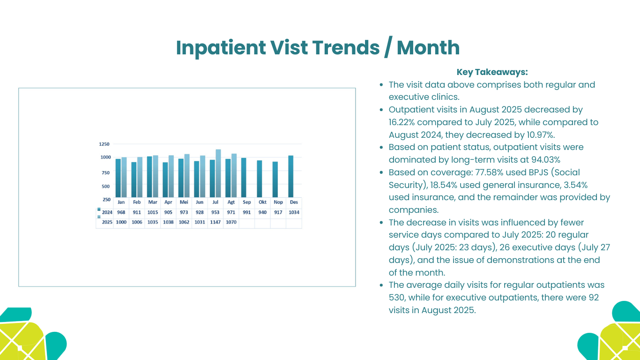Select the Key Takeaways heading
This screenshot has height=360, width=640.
[x=492, y=72]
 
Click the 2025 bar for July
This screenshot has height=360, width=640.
[x=218, y=173]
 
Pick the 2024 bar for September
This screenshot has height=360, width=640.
[x=244, y=178]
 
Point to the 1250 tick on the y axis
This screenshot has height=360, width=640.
[x=104, y=144]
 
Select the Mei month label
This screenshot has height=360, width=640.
[x=184, y=202]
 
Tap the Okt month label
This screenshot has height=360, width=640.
[x=262, y=202]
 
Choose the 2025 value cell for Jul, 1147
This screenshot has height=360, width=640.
[x=215, y=222]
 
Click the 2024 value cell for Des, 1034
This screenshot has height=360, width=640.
[x=294, y=212]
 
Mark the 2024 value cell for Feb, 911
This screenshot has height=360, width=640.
[x=136, y=212]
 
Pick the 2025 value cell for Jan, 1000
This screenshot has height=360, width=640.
[x=121, y=222]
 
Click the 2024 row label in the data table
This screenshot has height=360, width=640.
[x=107, y=212]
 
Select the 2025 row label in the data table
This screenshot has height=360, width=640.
[x=107, y=222]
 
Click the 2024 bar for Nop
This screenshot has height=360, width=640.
[x=275, y=180]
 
